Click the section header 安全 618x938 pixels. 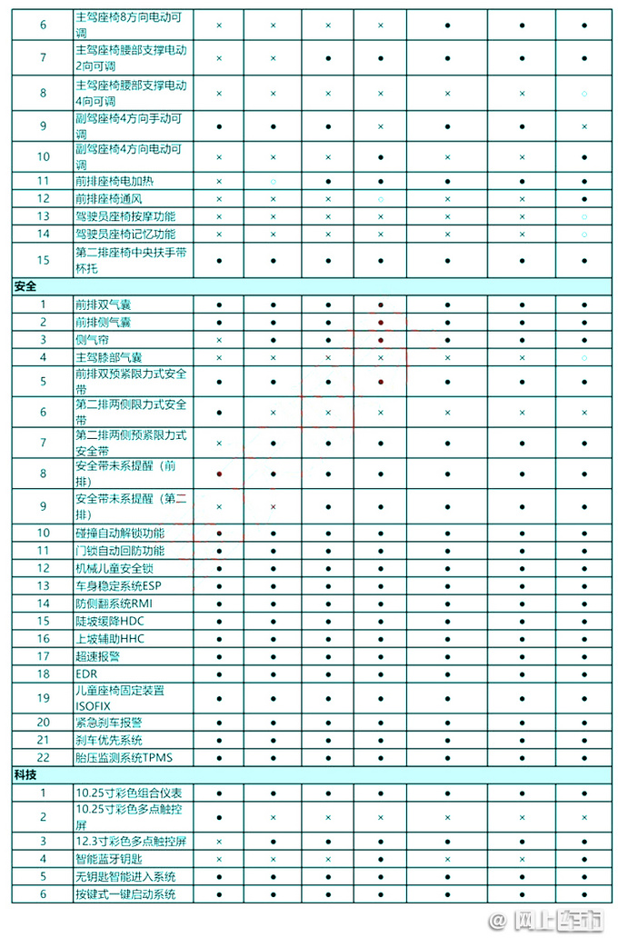click(x=25, y=286)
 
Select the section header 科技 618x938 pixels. click(x=25, y=774)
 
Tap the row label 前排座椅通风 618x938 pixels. click(x=108, y=198)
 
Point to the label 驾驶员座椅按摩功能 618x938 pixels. click(x=125, y=215)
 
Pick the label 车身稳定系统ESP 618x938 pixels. click(x=118, y=586)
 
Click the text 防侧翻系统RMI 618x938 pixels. click(x=114, y=604)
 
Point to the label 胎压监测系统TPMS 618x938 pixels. click(x=123, y=757)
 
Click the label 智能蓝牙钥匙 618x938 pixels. click(x=108, y=859)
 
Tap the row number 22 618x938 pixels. click(x=43, y=757)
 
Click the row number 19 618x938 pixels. click(x=43, y=698)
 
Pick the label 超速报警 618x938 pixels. click(x=97, y=656)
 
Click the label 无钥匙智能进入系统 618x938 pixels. click(x=125, y=876)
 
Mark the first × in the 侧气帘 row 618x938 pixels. click(x=219, y=340)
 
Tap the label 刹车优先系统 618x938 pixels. click(x=108, y=740)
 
